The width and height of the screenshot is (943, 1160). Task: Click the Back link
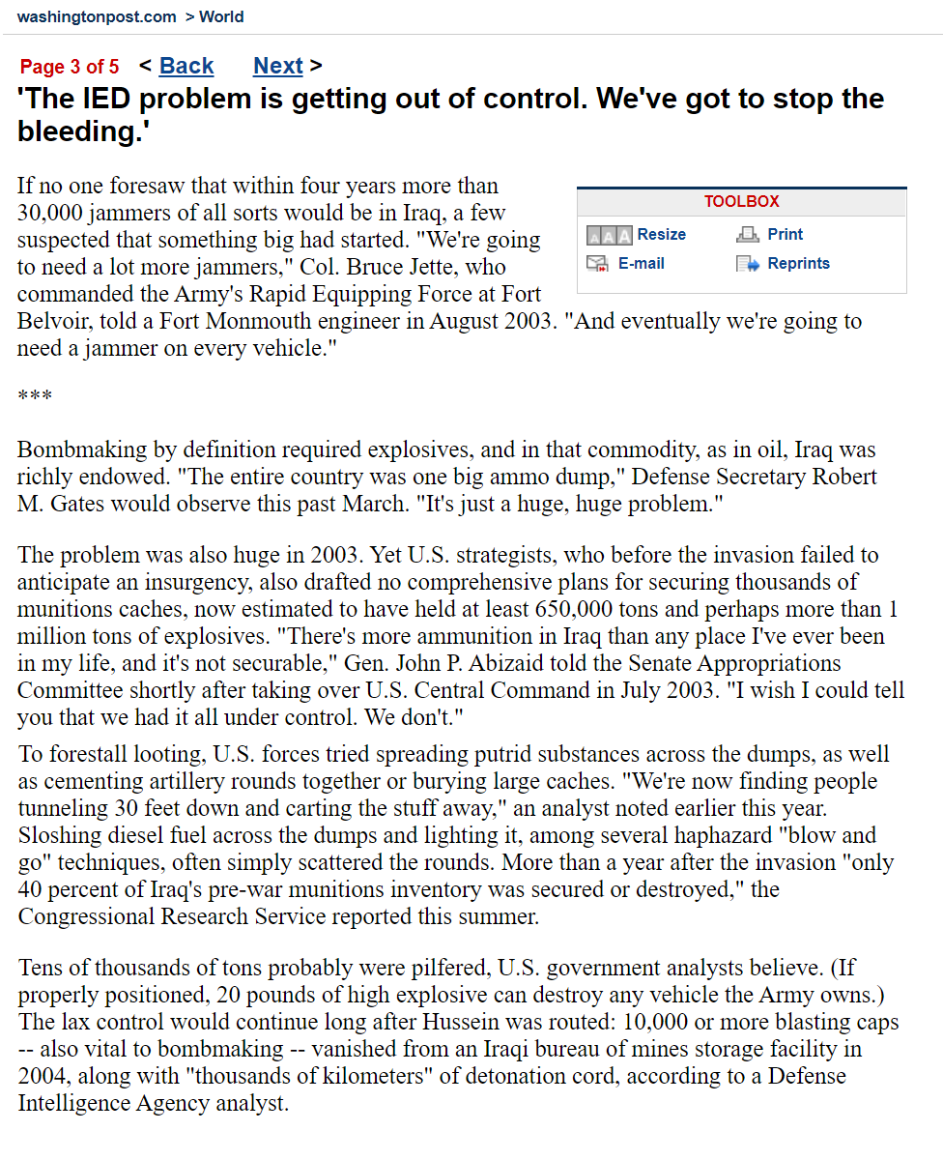(x=186, y=66)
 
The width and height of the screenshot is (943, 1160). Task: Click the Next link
(x=278, y=66)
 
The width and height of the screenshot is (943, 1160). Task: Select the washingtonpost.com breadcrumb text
(x=97, y=16)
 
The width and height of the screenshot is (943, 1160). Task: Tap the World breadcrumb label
(x=221, y=16)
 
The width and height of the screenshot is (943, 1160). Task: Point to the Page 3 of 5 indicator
(x=70, y=67)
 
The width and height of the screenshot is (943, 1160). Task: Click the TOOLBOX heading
(x=741, y=201)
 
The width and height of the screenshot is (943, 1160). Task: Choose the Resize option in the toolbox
(x=661, y=234)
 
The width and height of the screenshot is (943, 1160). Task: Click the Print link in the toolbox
(x=785, y=234)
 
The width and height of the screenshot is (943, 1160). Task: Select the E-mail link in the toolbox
(x=641, y=263)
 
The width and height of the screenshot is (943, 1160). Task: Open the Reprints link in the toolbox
(x=798, y=263)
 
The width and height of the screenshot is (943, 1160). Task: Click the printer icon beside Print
(x=748, y=235)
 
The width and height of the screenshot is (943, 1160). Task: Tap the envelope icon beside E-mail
(x=598, y=264)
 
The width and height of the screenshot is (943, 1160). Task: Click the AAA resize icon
(x=609, y=235)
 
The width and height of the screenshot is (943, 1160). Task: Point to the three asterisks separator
(x=35, y=396)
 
